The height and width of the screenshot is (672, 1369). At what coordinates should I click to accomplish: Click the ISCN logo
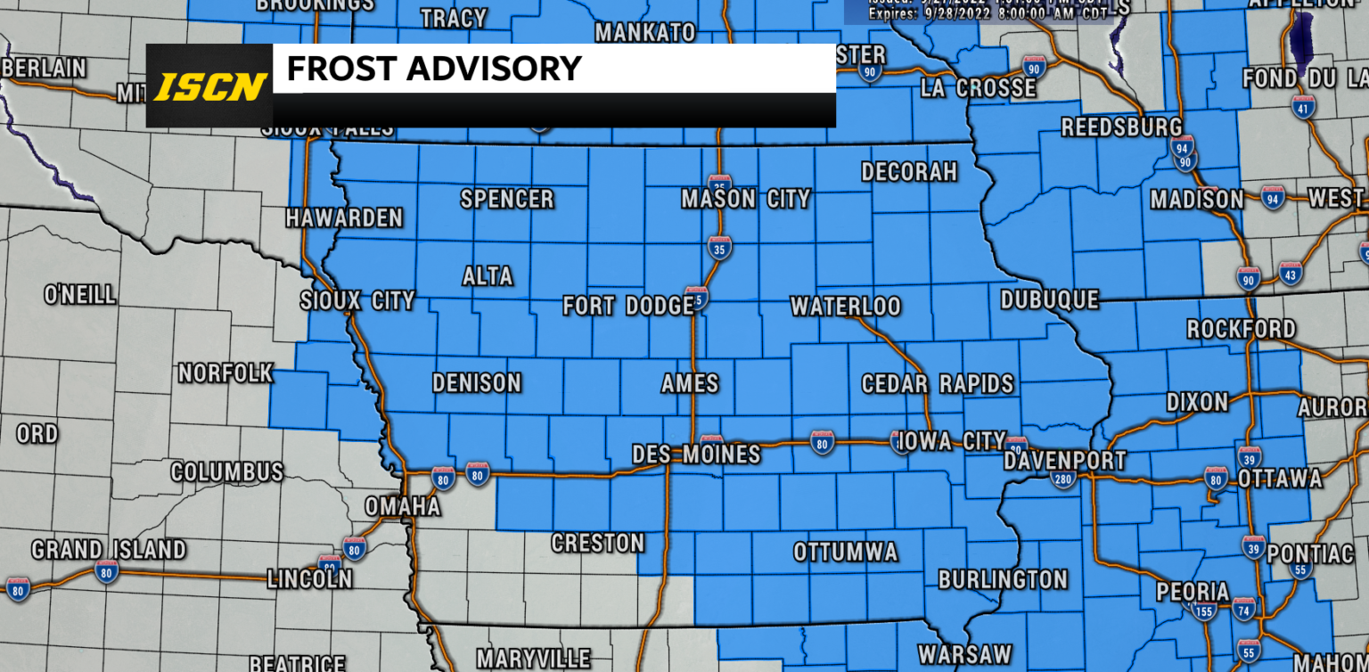click(x=210, y=86)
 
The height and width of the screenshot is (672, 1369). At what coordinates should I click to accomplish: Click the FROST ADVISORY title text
click(x=433, y=69)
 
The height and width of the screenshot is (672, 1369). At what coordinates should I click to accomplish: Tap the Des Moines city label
click(x=696, y=454)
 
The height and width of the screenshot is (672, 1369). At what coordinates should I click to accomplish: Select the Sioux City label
click(x=357, y=300)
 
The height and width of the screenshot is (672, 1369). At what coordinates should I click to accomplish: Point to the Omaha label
click(x=402, y=506)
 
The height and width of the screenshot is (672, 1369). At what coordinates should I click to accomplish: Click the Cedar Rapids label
click(x=937, y=383)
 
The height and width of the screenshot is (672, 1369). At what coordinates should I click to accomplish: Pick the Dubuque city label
click(x=1049, y=299)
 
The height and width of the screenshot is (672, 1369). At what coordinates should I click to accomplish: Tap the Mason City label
click(x=745, y=198)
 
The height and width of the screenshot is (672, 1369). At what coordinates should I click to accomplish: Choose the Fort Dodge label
click(x=627, y=307)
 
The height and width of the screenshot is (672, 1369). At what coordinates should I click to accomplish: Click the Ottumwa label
click(x=845, y=552)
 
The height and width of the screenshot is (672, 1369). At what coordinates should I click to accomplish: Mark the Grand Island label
click(x=109, y=549)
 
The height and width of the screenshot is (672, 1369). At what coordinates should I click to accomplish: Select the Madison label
click(x=1196, y=199)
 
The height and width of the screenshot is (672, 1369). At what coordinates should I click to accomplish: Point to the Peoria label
click(x=1193, y=591)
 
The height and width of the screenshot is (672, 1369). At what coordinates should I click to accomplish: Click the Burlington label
click(x=1003, y=579)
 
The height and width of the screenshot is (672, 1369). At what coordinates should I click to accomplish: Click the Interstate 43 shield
click(x=1289, y=273)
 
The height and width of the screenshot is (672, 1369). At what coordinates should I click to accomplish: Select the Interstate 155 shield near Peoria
click(x=1204, y=611)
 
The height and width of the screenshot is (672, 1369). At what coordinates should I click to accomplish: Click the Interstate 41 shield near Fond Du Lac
click(x=1303, y=108)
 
